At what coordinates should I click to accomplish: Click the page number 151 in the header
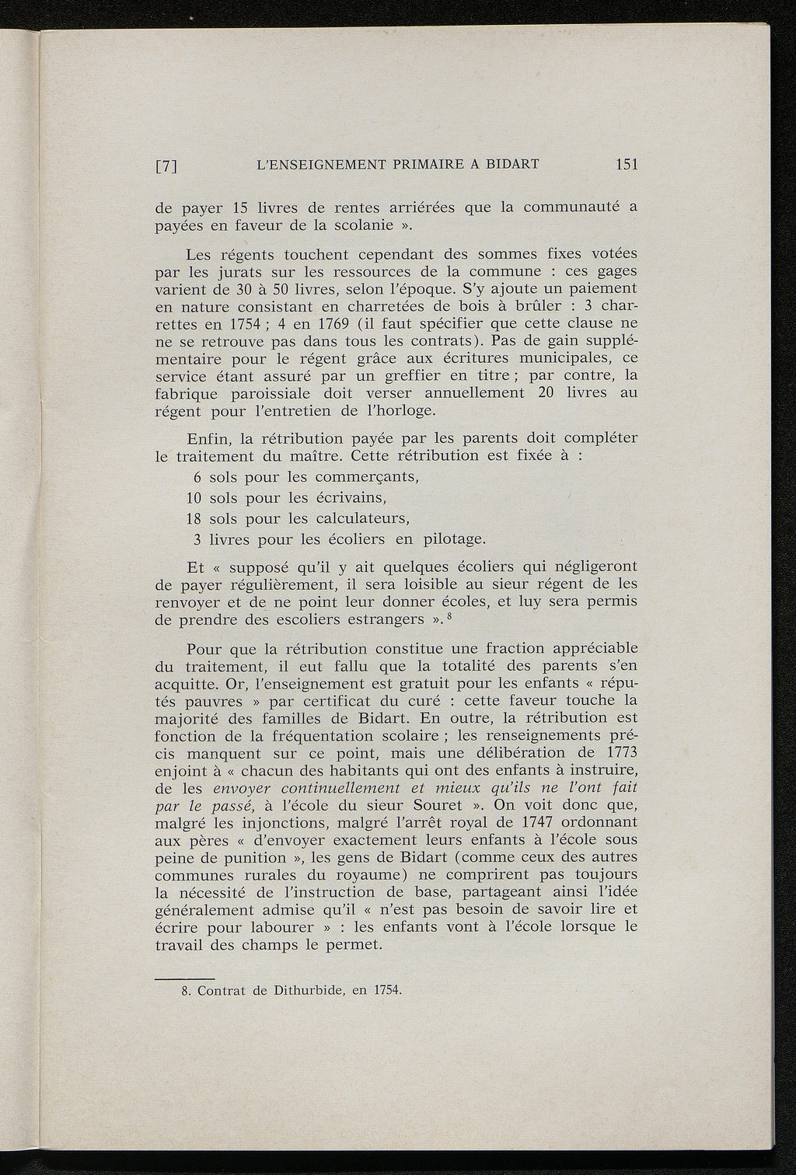click(x=626, y=164)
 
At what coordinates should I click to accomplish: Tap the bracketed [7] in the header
click(x=168, y=166)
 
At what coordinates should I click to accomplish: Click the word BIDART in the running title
click(x=512, y=164)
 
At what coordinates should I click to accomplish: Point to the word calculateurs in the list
click(x=361, y=518)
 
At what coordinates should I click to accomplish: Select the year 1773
click(x=620, y=752)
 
